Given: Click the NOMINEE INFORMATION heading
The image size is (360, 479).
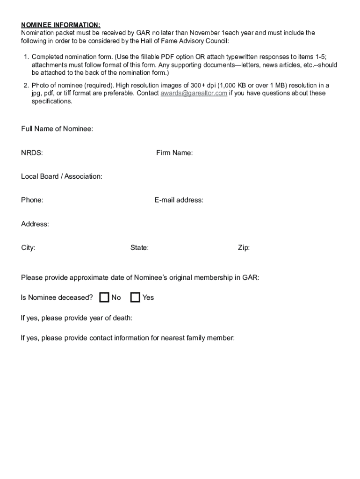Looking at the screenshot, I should (x=61, y=25).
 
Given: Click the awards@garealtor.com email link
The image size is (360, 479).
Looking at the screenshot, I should (x=194, y=93).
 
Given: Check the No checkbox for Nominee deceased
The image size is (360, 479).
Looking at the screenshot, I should (x=104, y=298).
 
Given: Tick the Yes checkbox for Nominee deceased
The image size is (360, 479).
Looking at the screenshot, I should (x=135, y=298).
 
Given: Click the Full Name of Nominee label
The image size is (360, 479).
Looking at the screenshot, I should (x=57, y=129).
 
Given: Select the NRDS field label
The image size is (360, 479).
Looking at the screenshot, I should (x=32, y=152).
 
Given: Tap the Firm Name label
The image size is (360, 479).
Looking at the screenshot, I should (x=174, y=152).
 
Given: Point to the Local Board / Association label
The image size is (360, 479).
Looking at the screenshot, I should (x=62, y=176).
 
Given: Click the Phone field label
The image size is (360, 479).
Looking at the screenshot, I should (x=32, y=200).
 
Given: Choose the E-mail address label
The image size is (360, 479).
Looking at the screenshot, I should (x=179, y=200).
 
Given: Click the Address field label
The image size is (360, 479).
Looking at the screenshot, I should (x=35, y=224).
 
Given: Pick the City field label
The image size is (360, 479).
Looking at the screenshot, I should (x=28, y=248).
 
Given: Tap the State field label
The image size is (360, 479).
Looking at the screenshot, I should (x=139, y=248).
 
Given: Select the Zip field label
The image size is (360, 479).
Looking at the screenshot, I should (x=244, y=248).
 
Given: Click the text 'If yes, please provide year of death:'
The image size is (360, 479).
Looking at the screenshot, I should (x=77, y=318).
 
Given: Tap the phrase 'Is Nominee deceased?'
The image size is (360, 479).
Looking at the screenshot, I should (x=57, y=298).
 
